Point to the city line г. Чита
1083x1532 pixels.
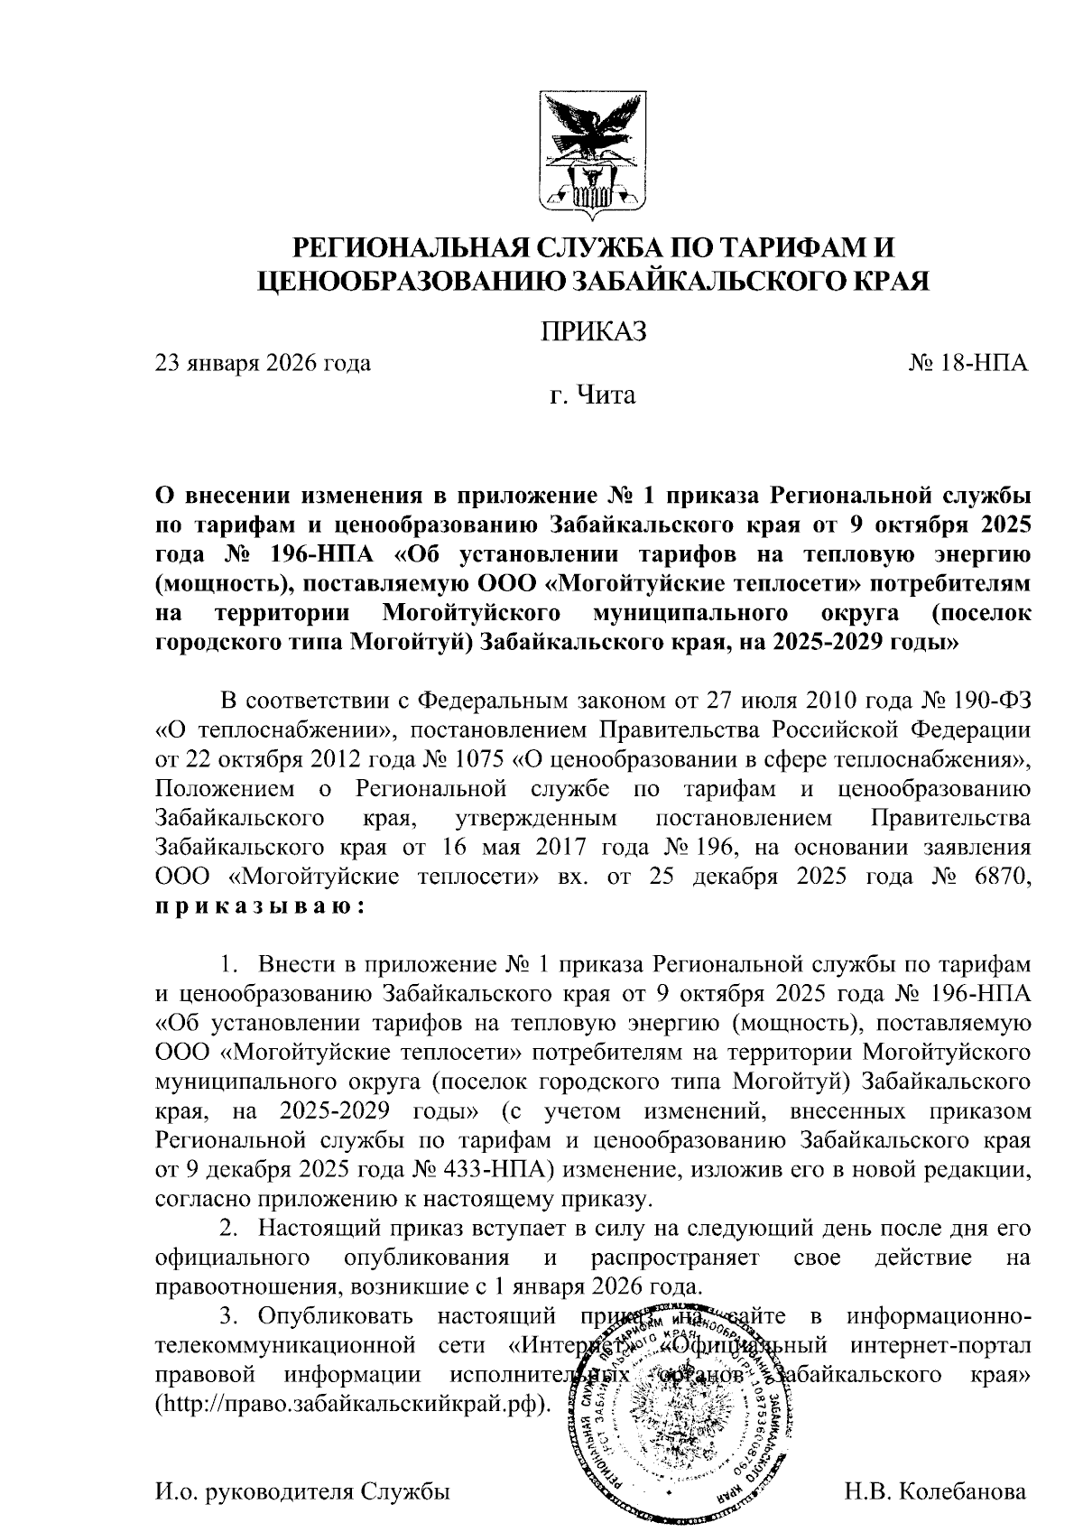593,395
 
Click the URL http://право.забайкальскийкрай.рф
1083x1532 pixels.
352,1405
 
